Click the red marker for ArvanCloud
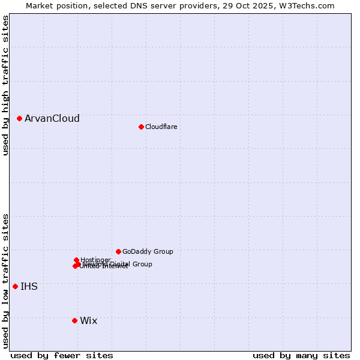20,119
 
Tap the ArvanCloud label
52,119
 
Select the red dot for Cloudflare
141,127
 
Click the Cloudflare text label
161,127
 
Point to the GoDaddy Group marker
118,251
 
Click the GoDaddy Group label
148,251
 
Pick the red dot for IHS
15,286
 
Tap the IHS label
29,287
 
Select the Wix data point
74,320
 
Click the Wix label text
89,321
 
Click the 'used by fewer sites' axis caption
62,355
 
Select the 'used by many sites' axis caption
301,355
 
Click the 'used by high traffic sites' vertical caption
5,85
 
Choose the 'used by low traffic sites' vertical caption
5,281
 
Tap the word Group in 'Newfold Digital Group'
142,264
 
